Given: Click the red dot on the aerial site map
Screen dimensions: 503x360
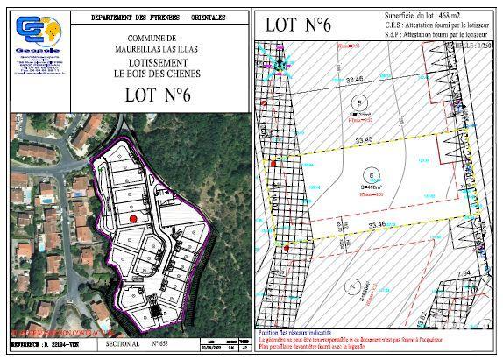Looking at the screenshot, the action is (x=133, y=218).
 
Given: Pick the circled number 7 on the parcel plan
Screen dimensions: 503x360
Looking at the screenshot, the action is (x=352, y=286).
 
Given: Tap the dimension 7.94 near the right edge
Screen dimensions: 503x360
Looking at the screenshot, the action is (x=467, y=273).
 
